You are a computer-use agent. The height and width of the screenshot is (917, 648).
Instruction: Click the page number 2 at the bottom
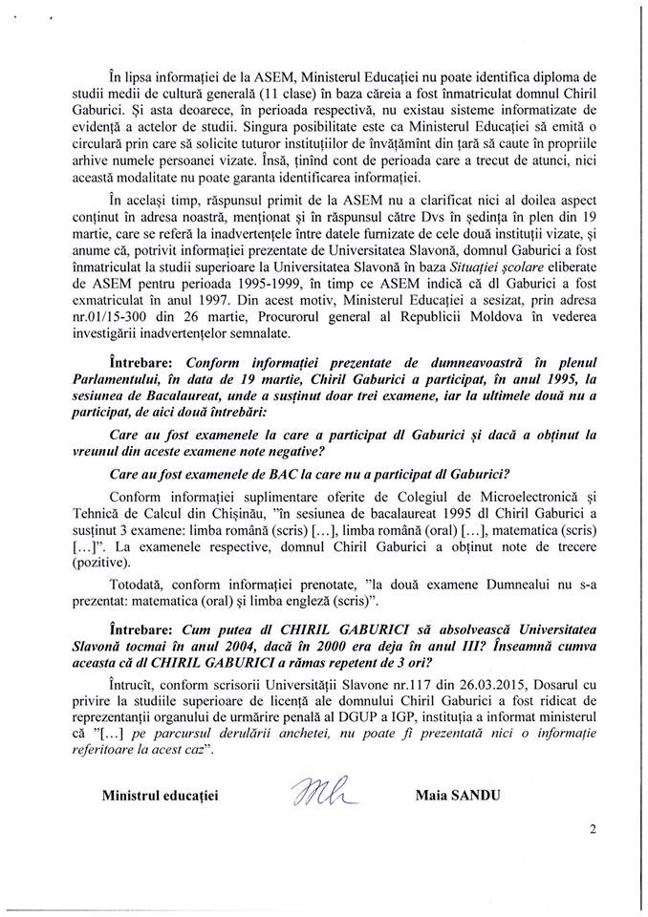[x=593, y=830]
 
